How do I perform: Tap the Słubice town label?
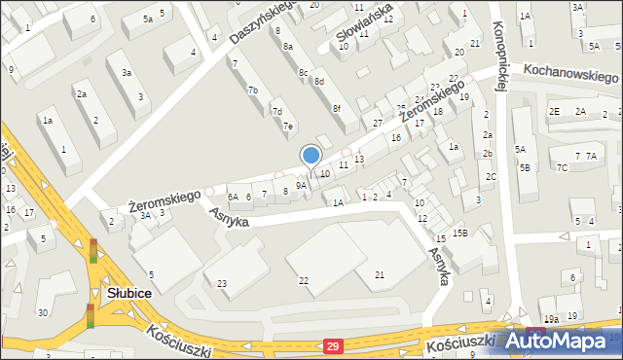coord(128,294)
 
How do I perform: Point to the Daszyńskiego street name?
coord(263,22)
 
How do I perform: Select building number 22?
coord(304,281)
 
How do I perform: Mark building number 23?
coord(222,283)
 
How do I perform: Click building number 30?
coord(42,312)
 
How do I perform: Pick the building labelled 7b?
coord(253,90)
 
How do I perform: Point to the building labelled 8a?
coord(287,47)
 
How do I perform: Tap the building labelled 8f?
coord(336,109)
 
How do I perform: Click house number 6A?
coord(234,197)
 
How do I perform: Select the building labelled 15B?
coord(459,233)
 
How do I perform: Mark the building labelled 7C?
coord(562,167)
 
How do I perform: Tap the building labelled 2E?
coord(554,112)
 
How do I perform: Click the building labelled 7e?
coord(287,126)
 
